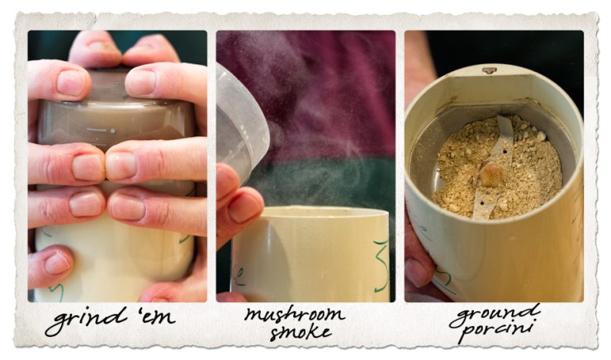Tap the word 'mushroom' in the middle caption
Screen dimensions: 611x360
pos(295,315)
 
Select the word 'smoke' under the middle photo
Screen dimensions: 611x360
pos(301,332)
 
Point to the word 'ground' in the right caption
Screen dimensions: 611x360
pos(495,315)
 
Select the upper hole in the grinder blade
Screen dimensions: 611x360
pos(505,152)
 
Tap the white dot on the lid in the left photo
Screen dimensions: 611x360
pos(112,130)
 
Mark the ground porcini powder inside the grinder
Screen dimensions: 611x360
pos(498,168)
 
